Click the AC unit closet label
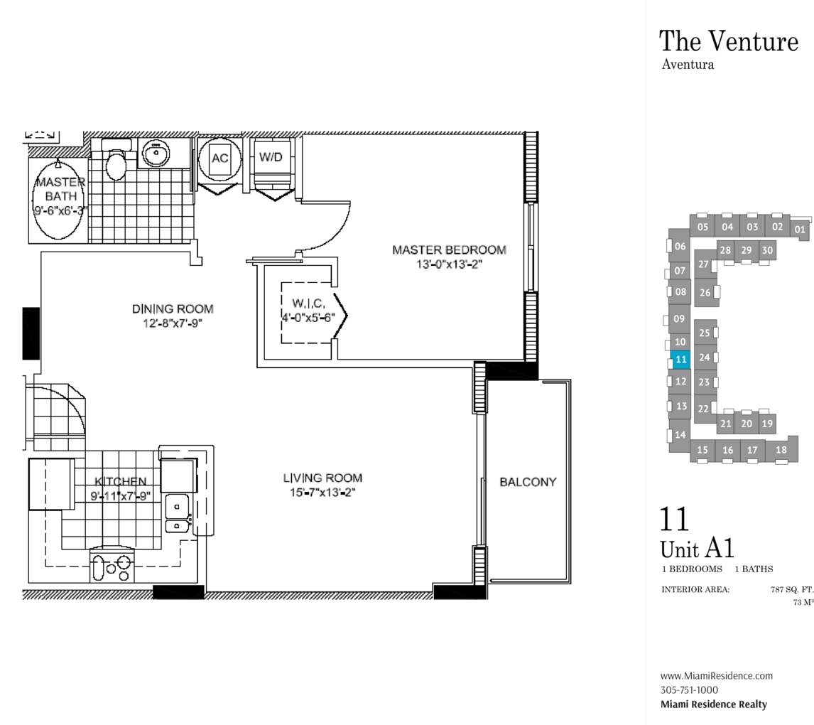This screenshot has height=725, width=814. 219,158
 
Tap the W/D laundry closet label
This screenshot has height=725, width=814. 271,157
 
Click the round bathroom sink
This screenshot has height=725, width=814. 156,154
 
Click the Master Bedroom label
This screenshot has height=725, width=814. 449,249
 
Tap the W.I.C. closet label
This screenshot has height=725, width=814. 308,304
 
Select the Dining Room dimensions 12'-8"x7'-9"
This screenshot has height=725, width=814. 173,323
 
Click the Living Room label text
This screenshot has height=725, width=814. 322,478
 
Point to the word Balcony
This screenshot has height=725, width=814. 528,482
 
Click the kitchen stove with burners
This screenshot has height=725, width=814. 112,567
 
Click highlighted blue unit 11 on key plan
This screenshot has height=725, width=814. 680,360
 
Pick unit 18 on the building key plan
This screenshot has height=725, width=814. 781,450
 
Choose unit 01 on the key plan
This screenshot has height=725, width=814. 800,229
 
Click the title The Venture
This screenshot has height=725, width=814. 729,41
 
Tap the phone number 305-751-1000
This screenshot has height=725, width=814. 689,690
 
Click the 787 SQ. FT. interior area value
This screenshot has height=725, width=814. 792,589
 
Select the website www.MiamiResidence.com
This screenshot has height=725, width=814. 717,676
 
